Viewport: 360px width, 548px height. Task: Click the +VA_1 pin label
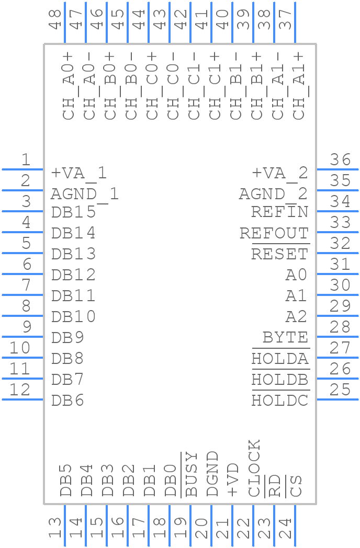click(x=78, y=174)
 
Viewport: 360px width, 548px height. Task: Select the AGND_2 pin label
click(x=273, y=195)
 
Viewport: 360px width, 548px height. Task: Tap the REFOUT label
click(x=274, y=233)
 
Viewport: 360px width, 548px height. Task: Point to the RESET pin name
click(x=280, y=254)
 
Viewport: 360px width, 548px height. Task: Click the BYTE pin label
click(x=286, y=338)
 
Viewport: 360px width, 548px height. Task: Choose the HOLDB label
click(x=280, y=379)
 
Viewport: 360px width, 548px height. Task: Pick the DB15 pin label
click(x=73, y=212)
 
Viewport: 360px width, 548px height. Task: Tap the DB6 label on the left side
click(x=67, y=400)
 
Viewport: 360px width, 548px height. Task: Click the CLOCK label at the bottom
click(x=254, y=469)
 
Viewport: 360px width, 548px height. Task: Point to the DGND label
click(x=212, y=474)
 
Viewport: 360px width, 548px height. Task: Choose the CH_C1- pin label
click(x=195, y=86)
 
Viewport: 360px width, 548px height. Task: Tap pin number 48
click(x=55, y=19)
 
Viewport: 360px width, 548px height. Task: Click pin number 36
click(x=340, y=159)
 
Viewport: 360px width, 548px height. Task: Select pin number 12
click(x=19, y=390)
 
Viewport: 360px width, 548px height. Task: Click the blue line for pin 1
click(x=22, y=169)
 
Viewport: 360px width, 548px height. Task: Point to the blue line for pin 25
click(x=337, y=399)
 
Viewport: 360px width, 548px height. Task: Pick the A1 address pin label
click(x=296, y=295)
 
